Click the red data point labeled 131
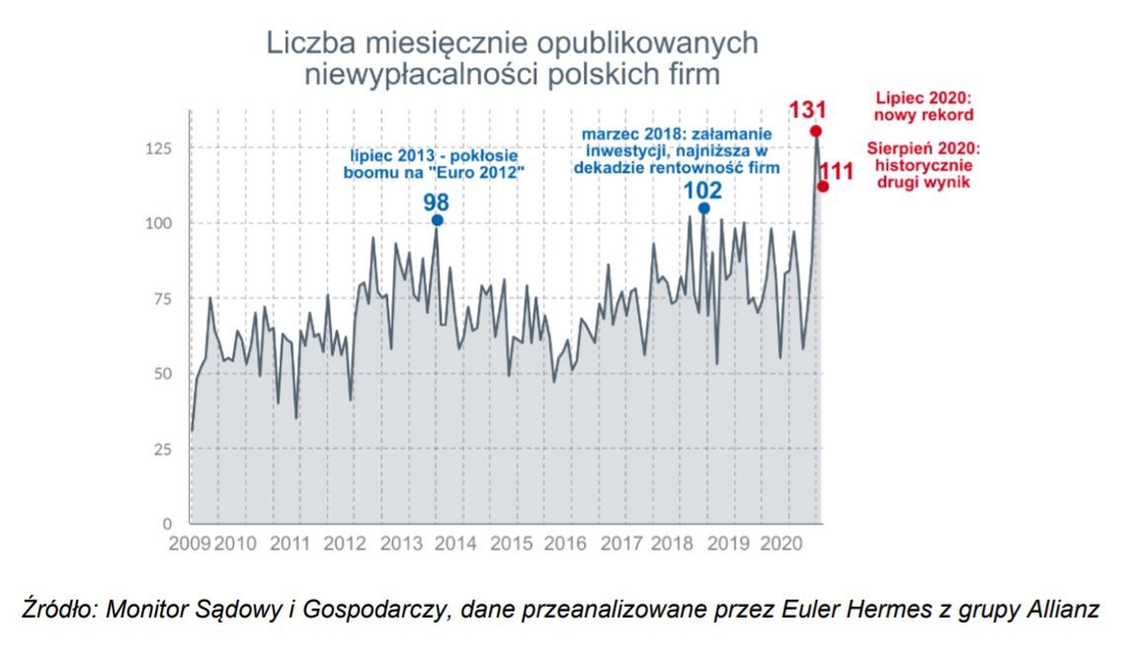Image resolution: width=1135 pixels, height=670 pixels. tap(815, 131)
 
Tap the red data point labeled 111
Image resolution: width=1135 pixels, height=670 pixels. tap(823, 187)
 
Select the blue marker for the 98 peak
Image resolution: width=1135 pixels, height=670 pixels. tap(437, 220)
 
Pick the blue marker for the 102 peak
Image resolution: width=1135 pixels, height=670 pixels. tap(703, 209)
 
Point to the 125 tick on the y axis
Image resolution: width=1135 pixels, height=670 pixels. tap(159, 148)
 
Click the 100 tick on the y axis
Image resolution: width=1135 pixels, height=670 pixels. tap(159, 223)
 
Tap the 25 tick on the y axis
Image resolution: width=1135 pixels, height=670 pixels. tap(163, 449)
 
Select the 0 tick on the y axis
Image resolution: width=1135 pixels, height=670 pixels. tap(168, 523)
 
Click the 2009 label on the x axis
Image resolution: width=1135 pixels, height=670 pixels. tap(190, 544)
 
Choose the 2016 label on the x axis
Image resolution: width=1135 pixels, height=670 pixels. tap(565, 544)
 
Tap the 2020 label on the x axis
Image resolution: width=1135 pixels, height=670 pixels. tap(780, 544)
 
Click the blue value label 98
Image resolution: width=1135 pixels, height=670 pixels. tap(437, 202)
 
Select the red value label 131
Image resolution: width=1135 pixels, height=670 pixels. tap(807, 110)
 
